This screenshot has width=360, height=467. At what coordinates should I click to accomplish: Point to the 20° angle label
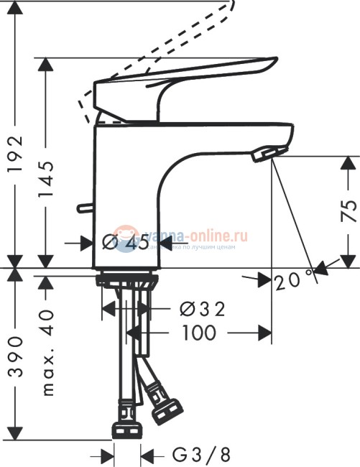click(x=295, y=280)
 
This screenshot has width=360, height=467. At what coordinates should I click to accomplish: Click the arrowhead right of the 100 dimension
click(x=264, y=333)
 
